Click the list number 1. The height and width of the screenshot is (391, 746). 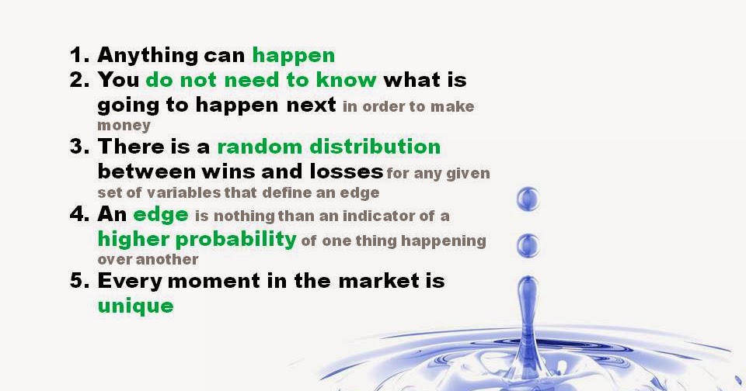point(79,54)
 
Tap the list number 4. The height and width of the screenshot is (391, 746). point(79,214)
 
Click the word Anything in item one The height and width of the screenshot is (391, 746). point(148,57)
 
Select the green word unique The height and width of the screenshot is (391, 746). point(135,306)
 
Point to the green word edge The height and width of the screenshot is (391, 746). point(161,216)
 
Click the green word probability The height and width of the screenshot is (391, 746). point(236,240)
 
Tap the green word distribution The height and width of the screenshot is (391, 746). point(375,147)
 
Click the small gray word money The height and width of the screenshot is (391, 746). point(124,126)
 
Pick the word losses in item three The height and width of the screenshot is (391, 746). point(347,171)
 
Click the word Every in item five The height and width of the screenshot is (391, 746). point(130,282)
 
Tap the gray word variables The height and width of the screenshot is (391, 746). point(183,193)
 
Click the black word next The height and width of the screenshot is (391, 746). point(311,106)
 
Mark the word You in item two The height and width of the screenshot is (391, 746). point(118,80)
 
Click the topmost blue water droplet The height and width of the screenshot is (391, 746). point(528,199)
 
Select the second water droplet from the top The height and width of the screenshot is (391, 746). point(528,246)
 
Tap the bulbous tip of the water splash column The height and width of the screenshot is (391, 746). point(528,289)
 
